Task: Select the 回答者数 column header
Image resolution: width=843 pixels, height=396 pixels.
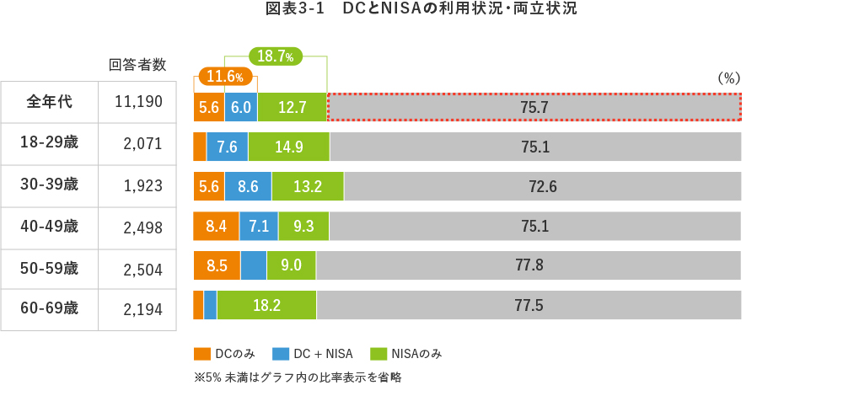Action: tap(137, 64)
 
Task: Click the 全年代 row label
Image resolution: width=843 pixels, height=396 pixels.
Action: tap(50, 102)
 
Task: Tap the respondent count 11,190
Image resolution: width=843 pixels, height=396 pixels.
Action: tap(137, 103)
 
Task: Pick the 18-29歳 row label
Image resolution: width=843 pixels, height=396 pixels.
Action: tap(50, 142)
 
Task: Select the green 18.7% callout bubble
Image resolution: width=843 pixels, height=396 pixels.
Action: tap(274, 57)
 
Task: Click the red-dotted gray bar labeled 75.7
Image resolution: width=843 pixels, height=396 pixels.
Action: tap(534, 107)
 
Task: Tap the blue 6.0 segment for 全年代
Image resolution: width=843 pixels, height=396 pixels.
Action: tap(240, 107)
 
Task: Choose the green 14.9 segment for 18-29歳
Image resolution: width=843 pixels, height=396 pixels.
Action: tap(288, 147)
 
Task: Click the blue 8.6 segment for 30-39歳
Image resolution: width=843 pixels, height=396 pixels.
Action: tap(248, 186)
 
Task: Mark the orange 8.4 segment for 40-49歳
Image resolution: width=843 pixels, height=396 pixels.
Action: tap(216, 226)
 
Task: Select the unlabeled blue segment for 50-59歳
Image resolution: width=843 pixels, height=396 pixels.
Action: tap(254, 265)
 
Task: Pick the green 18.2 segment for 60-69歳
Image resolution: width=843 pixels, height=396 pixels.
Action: tap(266, 305)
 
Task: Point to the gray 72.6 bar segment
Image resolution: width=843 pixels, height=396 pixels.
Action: tap(543, 186)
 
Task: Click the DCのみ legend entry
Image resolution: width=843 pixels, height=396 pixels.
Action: tap(223, 354)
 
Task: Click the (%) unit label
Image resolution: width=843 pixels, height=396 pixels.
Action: tap(728, 77)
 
